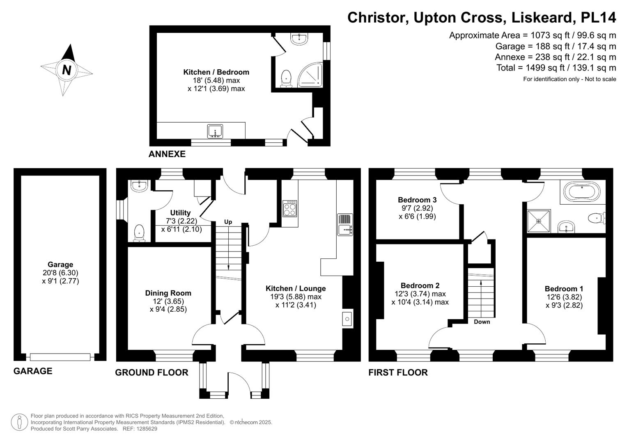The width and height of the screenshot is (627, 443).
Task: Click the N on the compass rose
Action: coord(67,70)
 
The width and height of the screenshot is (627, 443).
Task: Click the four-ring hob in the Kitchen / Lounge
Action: coord(290,208)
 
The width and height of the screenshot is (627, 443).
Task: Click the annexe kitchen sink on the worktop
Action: coord(215,132)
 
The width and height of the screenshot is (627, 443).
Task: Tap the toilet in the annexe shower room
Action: coord(286,78)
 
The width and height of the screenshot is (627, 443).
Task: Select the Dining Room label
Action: coord(168,293)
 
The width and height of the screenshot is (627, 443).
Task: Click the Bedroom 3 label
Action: coord(417,200)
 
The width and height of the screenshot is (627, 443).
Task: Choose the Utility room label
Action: coord(180,212)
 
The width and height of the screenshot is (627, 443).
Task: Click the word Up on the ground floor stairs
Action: coord(228,222)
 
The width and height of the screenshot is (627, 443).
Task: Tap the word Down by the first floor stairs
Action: coord(482,322)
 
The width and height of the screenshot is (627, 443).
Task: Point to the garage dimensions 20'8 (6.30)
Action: coord(60,273)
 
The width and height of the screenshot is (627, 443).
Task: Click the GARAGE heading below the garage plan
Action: coord(33,371)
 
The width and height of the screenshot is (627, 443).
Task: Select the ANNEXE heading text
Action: coord(167,154)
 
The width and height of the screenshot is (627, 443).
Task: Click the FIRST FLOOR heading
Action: coord(398,372)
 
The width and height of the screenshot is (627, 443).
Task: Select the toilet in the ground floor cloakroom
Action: coord(139,232)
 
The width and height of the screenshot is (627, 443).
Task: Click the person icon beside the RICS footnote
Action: coord(19,422)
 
